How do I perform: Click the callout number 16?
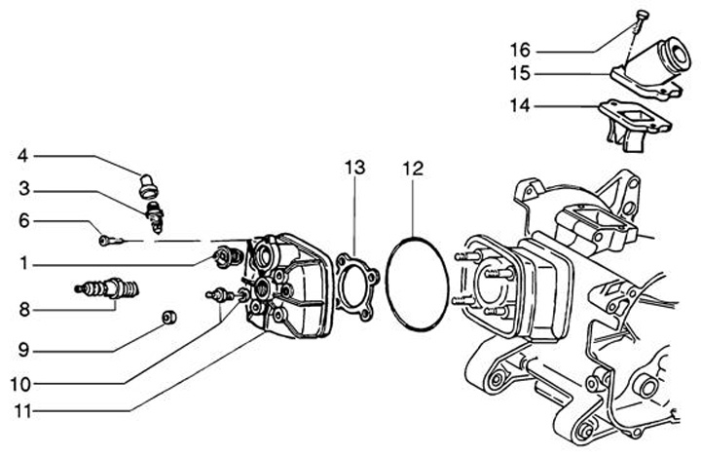click(x=520, y=50)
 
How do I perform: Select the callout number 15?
click(x=520, y=73)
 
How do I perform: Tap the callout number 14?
click(x=520, y=105)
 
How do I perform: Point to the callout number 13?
click(x=355, y=168)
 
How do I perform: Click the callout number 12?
click(x=413, y=169)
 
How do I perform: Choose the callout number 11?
click(x=23, y=411)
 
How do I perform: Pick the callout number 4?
click(x=22, y=156)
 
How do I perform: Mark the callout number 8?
click(x=24, y=310)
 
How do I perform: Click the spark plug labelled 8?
click(x=107, y=287)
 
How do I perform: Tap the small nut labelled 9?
click(x=169, y=318)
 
